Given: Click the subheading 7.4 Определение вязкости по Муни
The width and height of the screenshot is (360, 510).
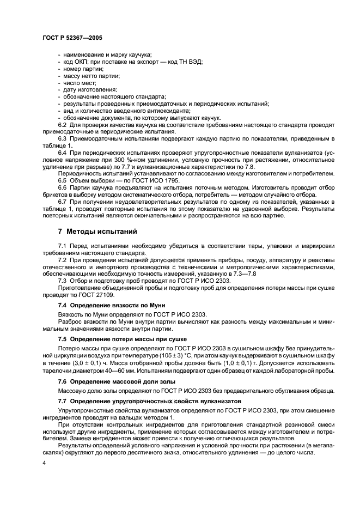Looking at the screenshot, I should tap(111, 305).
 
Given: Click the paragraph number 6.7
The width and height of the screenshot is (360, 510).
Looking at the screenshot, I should tap(63, 202).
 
